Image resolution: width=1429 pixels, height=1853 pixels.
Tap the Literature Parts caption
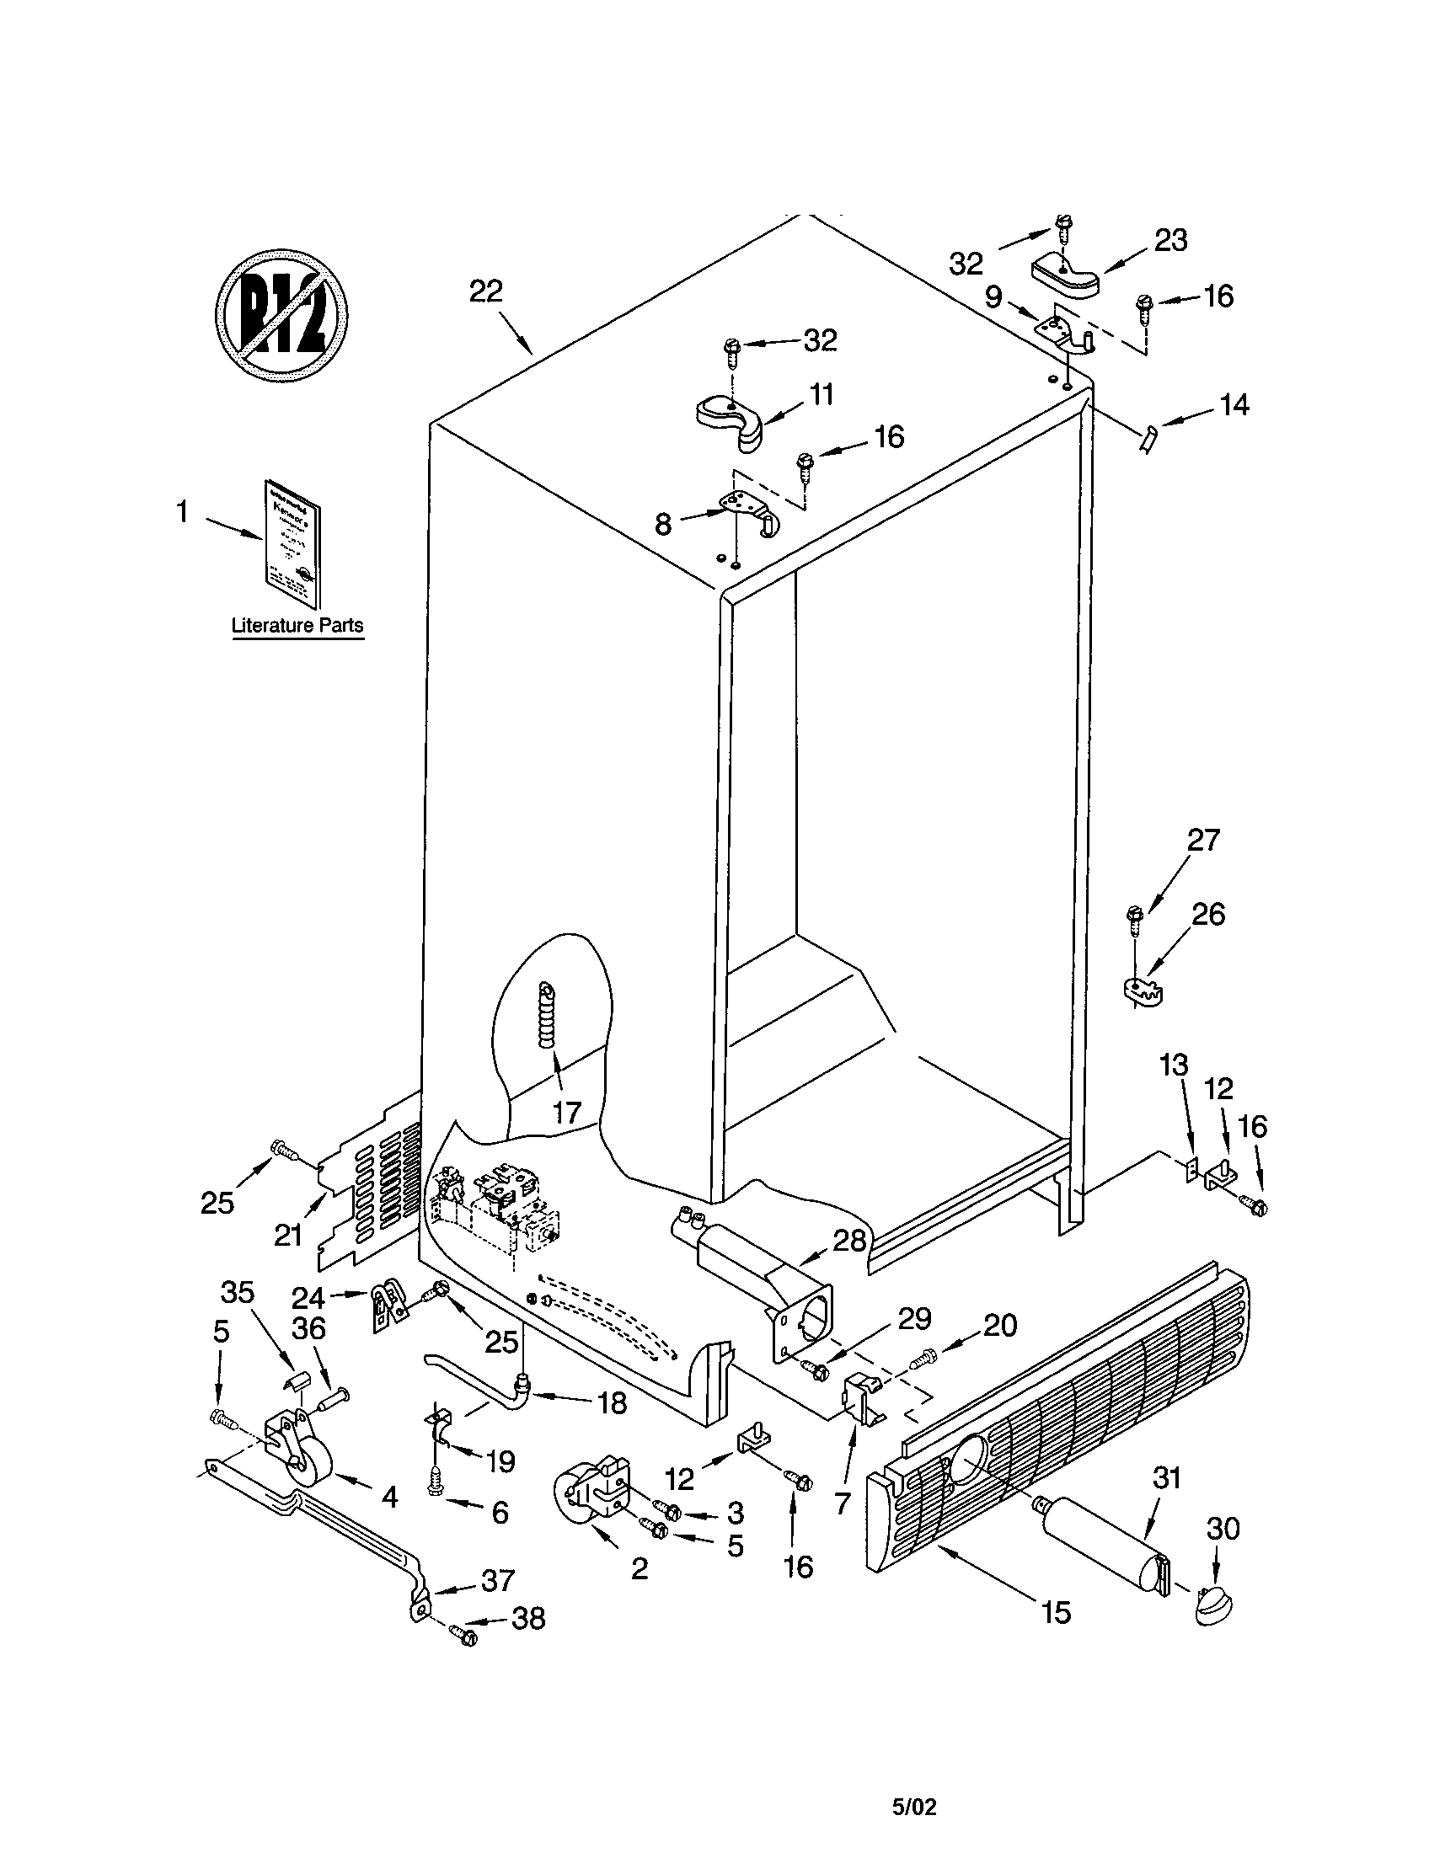pyautogui.click(x=297, y=625)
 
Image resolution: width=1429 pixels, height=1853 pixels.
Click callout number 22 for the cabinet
pyautogui.click(x=486, y=292)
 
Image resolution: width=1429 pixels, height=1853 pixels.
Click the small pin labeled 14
pyautogui.click(x=1147, y=441)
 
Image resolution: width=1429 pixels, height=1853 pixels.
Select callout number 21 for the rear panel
pyautogui.click(x=287, y=1236)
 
